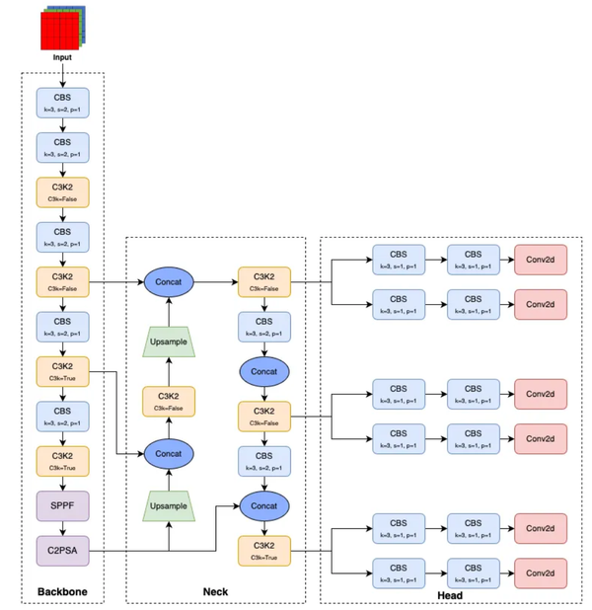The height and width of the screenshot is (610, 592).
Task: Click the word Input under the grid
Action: coord(62,58)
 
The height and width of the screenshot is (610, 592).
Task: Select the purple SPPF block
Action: coord(62,506)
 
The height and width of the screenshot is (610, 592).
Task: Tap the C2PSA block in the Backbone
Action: coord(62,550)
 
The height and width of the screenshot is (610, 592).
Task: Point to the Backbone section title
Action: coord(62,592)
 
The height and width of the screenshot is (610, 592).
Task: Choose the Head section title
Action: coord(449,595)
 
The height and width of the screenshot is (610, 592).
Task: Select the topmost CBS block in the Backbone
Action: coord(62,102)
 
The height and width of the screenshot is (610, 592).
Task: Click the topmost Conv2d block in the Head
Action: coord(540,260)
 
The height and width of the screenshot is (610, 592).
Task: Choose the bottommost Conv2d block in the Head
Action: coord(540,572)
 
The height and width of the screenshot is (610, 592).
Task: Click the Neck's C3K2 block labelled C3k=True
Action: coord(263,550)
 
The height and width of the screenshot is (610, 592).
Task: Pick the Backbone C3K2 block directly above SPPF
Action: coord(62,461)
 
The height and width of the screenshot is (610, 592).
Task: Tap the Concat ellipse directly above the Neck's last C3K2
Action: coord(263,504)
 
